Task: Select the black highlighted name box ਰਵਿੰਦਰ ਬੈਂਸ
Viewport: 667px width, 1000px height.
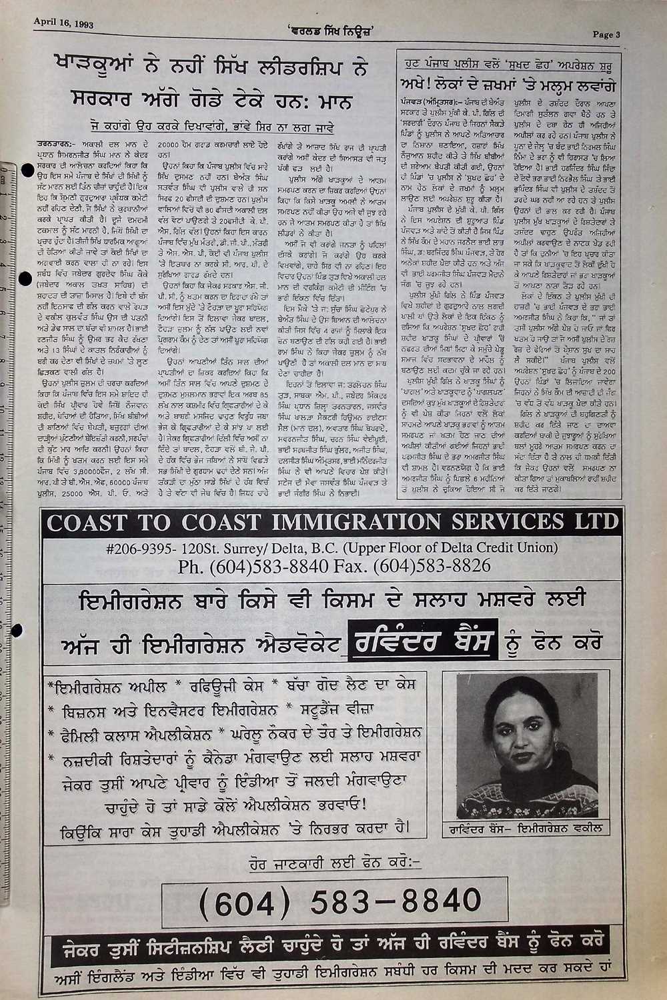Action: (x=423, y=644)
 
